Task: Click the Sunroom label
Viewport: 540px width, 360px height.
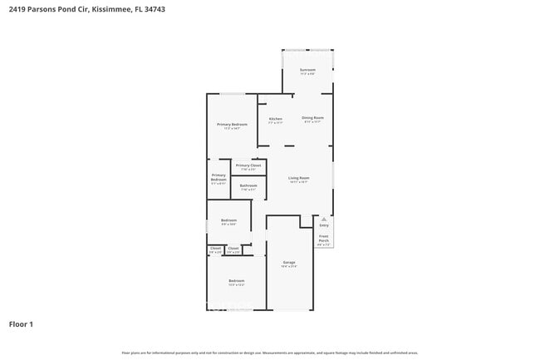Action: coord(307,70)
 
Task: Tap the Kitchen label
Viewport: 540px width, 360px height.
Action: coord(275,119)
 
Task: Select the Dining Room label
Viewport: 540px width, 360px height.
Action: coord(312,119)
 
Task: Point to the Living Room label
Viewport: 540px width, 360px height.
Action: coord(299,179)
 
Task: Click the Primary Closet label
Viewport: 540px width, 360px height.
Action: coord(248,166)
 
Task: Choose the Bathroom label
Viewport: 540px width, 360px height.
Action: coord(248,185)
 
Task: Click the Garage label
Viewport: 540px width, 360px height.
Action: coord(288,263)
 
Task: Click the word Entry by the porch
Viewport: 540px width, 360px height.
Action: coord(324,225)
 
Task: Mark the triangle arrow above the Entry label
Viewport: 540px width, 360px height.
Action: coord(324,219)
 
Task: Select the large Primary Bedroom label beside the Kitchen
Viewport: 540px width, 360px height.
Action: coord(232,125)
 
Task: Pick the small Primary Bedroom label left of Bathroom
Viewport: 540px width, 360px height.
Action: coord(218,177)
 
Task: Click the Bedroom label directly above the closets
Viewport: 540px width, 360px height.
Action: coord(228,220)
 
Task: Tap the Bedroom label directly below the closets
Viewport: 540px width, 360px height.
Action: coord(236,281)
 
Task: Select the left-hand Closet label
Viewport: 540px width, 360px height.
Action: coord(215,248)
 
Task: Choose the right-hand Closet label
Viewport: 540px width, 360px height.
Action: coord(233,248)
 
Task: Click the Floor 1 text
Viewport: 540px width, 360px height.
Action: coord(21,323)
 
